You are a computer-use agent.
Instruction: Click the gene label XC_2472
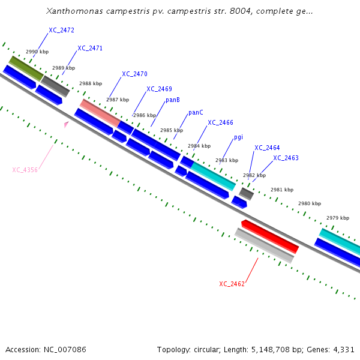tap(62, 30)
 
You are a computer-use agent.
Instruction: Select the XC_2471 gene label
tap(90, 49)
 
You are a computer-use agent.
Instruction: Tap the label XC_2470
tap(134, 74)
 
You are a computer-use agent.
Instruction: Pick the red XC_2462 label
tap(232, 284)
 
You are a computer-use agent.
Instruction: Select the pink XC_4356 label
tap(25, 170)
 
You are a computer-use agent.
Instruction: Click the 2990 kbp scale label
tap(37, 53)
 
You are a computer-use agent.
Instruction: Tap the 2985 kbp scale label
tap(171, 131)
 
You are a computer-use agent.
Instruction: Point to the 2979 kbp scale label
tap(337, 218)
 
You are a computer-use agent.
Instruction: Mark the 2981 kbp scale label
tap(282, 190)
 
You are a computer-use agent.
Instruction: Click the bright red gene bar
tap(270, 236)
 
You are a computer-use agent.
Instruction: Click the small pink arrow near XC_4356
tap(66, 124)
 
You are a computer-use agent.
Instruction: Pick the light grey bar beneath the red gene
tap(264, 246)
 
